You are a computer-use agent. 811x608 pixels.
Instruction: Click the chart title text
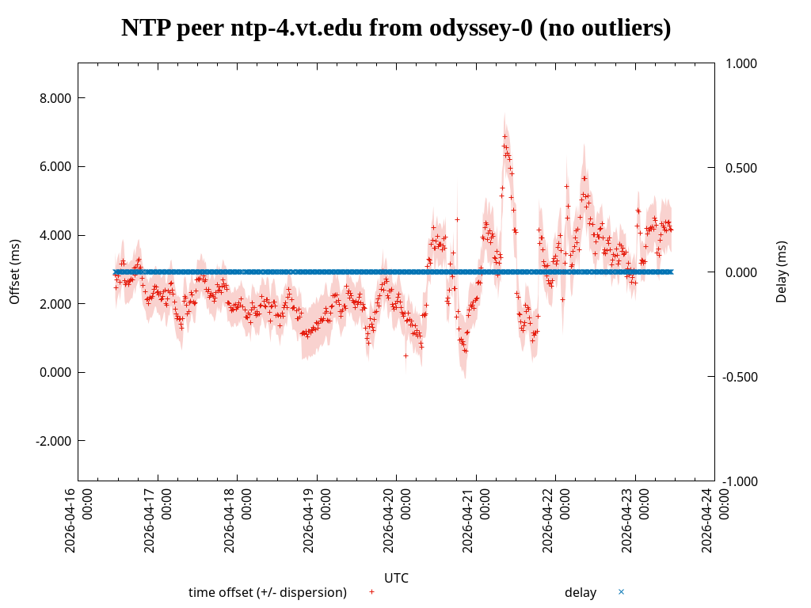point(396,28)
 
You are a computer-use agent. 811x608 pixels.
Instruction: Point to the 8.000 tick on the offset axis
point(55,98)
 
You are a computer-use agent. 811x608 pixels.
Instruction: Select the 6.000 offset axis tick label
point(55,167)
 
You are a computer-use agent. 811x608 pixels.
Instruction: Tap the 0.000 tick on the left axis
point(55,372)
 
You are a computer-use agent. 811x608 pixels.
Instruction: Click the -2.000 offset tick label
point(53,441)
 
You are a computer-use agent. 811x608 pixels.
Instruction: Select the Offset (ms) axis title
point(15,272)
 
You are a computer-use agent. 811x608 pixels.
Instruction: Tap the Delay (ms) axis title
point(782,272)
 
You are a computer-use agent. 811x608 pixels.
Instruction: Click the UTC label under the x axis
point(396,578)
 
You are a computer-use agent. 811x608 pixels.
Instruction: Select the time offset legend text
point(268,592)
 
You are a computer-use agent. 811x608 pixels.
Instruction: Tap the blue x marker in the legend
point(621,591)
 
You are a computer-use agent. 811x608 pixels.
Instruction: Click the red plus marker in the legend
point(371,591)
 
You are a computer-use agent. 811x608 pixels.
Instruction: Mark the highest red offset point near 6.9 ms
point(504,136)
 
